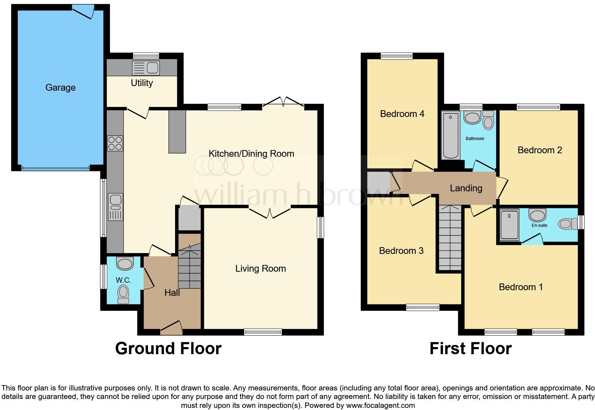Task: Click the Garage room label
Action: pyautogui.click(x=60, y=87)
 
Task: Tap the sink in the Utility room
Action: pyautogui.click(x=146, y=68)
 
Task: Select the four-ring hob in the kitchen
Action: pyautogui.click(x=115, y=144)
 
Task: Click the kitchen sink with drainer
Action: pyautogui.click(x=115, y=207)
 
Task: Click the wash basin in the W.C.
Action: pyautogui.click(x=125, y=264)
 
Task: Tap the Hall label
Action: pyautogui.click(x=172, y=293)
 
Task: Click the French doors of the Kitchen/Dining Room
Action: pyautogui.click(x=283, y=102)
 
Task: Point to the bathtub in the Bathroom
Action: pyautogui.click(x=451, y=136)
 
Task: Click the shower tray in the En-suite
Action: pyautogui.click(x=510, y=224)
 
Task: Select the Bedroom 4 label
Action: pyautogui.click(x=402, y=114)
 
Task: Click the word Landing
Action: pyautogui.click(x=466, y=188)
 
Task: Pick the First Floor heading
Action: pyautogui.click(x=470, y=348)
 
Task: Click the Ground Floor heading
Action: pyautogui.click(x=168, y=348)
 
